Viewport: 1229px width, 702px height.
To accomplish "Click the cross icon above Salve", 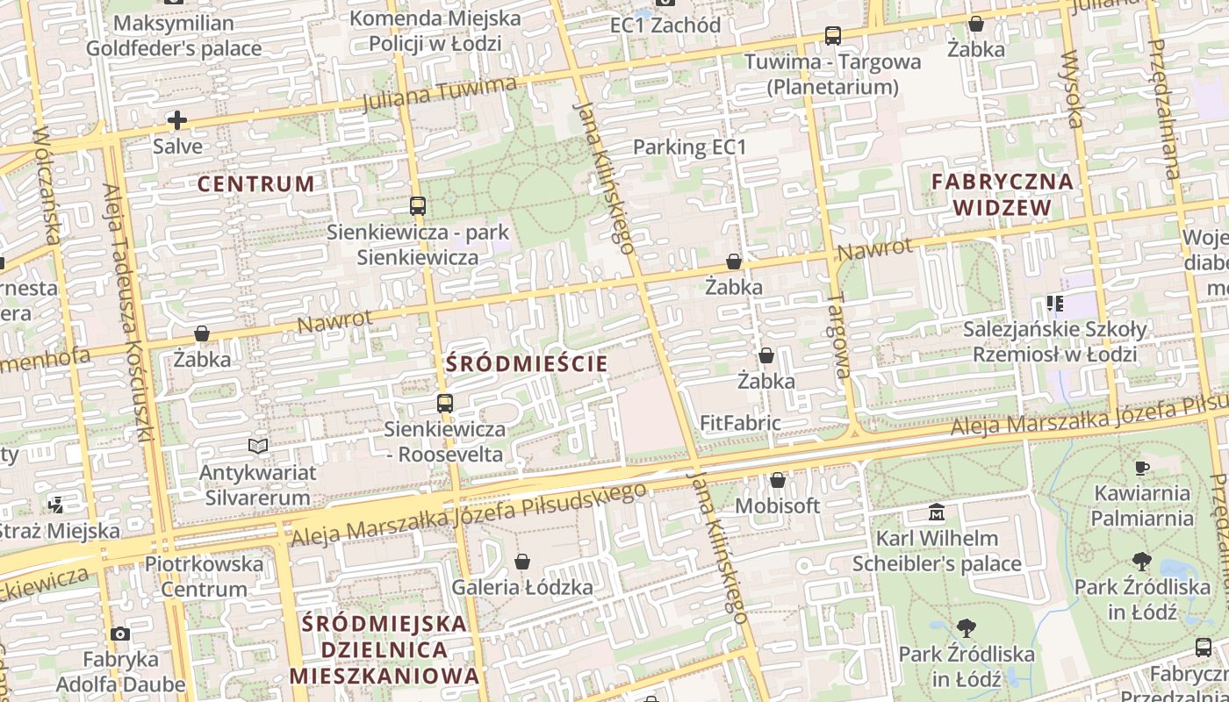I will [x=177, y=120].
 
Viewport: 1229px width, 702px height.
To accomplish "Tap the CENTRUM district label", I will [x=255, y=183].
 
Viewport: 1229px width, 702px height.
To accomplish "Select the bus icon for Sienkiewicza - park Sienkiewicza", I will [x=418, y=206].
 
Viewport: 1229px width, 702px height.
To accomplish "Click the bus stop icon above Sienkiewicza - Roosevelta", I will [x=445, y=404].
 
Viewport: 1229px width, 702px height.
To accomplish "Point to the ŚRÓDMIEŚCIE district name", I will [x=527, y=363].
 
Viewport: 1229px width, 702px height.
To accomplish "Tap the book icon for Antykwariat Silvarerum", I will [x=258, y=447].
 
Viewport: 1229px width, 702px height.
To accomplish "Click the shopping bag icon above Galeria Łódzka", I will [x=522, y=562].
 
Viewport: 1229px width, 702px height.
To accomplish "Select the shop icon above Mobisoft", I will [x=777, y=480].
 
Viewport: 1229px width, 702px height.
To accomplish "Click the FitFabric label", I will [x=740, y=423].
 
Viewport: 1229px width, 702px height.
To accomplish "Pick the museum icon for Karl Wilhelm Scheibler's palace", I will [x=937, y=512].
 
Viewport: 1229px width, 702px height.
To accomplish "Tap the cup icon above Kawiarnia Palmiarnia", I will [x=1142, y=468].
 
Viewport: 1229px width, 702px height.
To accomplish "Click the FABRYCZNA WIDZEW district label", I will [x=1003, y=195].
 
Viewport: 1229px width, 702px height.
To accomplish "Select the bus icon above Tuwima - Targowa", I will [x=832, y=36].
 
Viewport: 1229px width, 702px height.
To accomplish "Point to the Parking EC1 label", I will [x=689, y=147].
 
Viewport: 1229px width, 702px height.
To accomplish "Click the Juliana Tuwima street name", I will [x=439, y=95].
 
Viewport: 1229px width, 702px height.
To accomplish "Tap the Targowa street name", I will [x=839, y=336].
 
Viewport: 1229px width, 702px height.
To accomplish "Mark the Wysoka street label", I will [x=1073, y=90].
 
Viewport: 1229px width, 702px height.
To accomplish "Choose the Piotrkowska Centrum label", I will [x=204, y=576].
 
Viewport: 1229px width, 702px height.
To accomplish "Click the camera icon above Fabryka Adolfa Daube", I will [x=120, y=634].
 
